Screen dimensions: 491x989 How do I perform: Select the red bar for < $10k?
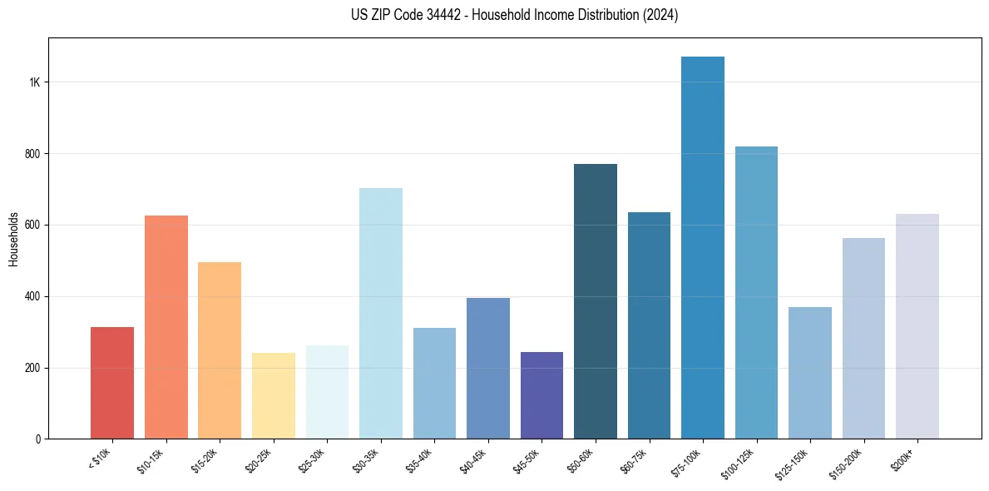coord(112,383)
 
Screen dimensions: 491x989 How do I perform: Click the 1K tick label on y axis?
coord(35,82)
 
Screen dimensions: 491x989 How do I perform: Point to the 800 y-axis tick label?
coord(33,154)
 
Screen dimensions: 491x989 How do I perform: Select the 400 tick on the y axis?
coord(33,296)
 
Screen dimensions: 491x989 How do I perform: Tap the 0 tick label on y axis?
coord(38,439)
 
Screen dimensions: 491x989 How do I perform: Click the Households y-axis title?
coord(13,238)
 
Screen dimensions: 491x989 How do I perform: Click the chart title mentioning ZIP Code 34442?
coord(514,15)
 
